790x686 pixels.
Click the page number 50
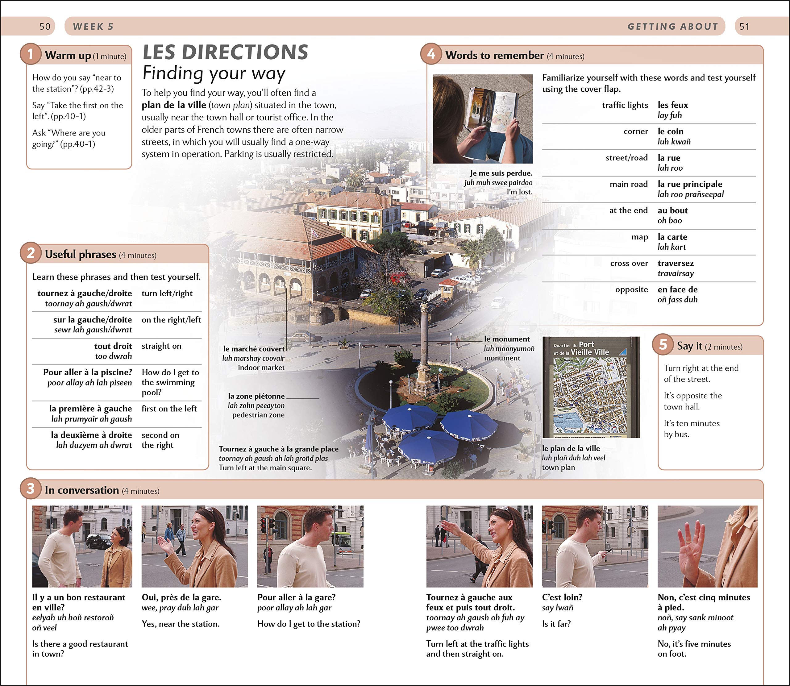tap(45, 27)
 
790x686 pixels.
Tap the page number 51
tap(744, 27)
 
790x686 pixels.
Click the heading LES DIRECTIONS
tap(225, 52)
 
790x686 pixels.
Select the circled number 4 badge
tap(431, 54)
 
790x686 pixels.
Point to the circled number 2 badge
tap(31, 253)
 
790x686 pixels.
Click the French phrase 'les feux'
tap(672, 105)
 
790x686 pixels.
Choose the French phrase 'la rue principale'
tap(690, 184)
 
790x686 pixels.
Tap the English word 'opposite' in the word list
tap(632, 289)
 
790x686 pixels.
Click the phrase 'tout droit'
tap(113, 346)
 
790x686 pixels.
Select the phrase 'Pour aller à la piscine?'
tap(87, 372)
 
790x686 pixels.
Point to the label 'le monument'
tap(507, 339)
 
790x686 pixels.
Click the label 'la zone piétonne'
tap(256, 396)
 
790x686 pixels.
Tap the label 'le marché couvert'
tap(254, 349)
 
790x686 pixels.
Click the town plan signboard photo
tap(591, 387)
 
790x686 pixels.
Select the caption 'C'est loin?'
tap(562, 597)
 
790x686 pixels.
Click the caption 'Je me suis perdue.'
tap(501, 173)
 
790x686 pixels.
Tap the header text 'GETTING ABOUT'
tap(672, 27)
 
